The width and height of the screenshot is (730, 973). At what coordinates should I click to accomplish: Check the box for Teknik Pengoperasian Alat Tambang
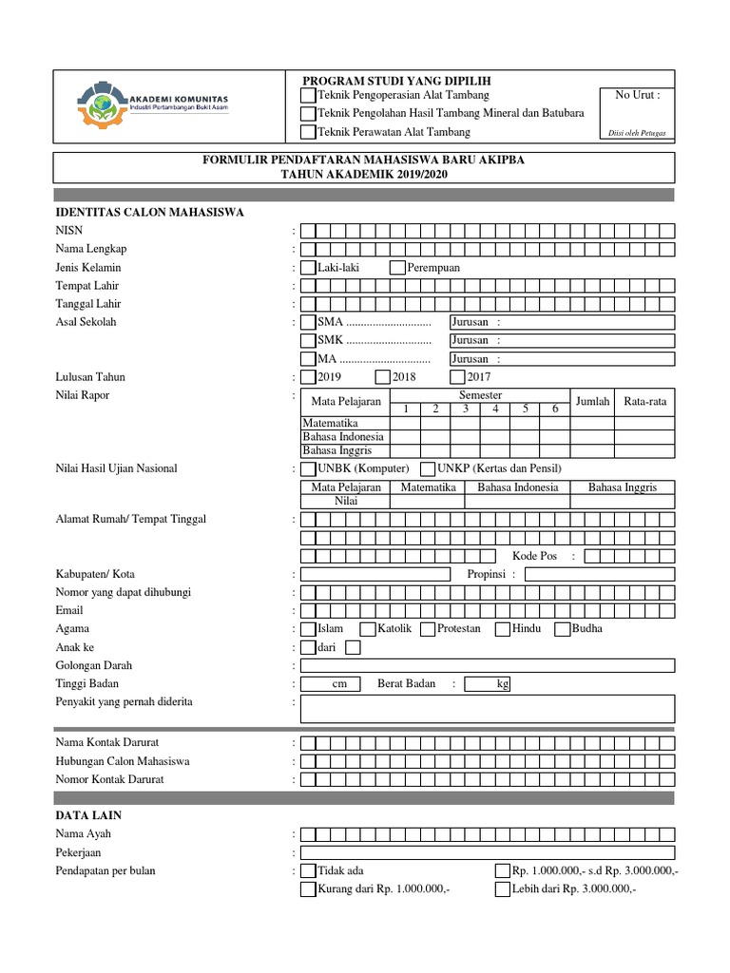coord(308,96)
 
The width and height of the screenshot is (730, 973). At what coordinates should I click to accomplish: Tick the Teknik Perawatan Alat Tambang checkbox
coord(308,132)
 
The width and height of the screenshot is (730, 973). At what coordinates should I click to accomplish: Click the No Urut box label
coord(637,95)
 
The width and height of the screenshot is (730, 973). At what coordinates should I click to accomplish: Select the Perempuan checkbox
coord(397,268)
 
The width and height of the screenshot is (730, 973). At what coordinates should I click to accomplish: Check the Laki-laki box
coord(308,268)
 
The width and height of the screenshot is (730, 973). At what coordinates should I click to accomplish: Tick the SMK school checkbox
coord(308,340)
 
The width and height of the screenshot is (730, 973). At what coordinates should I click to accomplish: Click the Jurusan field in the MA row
coord(561,359)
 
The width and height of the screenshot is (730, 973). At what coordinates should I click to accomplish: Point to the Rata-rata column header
coord(645,402)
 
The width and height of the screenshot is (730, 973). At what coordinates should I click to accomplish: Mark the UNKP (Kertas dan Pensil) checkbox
coord(428,468)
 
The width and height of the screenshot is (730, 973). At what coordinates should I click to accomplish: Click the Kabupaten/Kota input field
coord(375,574)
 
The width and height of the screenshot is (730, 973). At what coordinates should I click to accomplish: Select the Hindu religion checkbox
coord(503,629)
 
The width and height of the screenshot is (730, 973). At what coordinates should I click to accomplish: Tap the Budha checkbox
coord(563,629)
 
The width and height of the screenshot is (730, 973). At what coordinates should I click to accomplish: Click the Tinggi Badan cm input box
coord(327,684)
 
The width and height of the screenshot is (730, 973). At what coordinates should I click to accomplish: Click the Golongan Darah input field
coord(488,665)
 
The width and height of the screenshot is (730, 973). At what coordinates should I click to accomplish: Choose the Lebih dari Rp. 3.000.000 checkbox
coord(502,889)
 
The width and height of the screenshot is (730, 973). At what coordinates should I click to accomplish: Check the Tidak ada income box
coord(308,871)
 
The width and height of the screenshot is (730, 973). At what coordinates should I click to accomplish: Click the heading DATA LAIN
coord(88,815)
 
